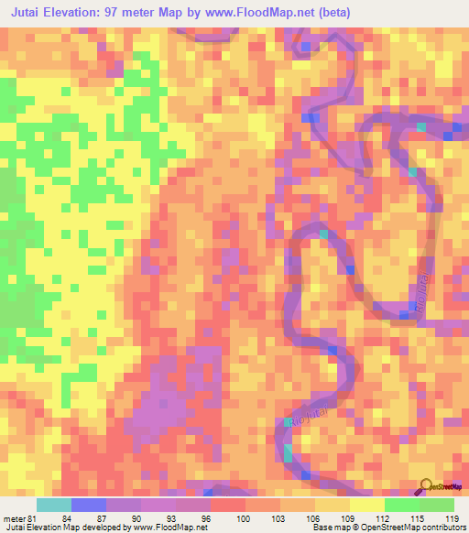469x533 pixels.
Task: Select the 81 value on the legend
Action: click(x=34, y=518)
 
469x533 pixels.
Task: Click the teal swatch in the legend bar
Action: click(x=53, y=505)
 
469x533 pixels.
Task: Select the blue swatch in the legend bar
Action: click(x=88, y=505)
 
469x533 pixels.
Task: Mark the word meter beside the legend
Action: click(x=14, y=518)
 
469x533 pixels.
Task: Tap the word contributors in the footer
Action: click(x=441, y=528)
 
